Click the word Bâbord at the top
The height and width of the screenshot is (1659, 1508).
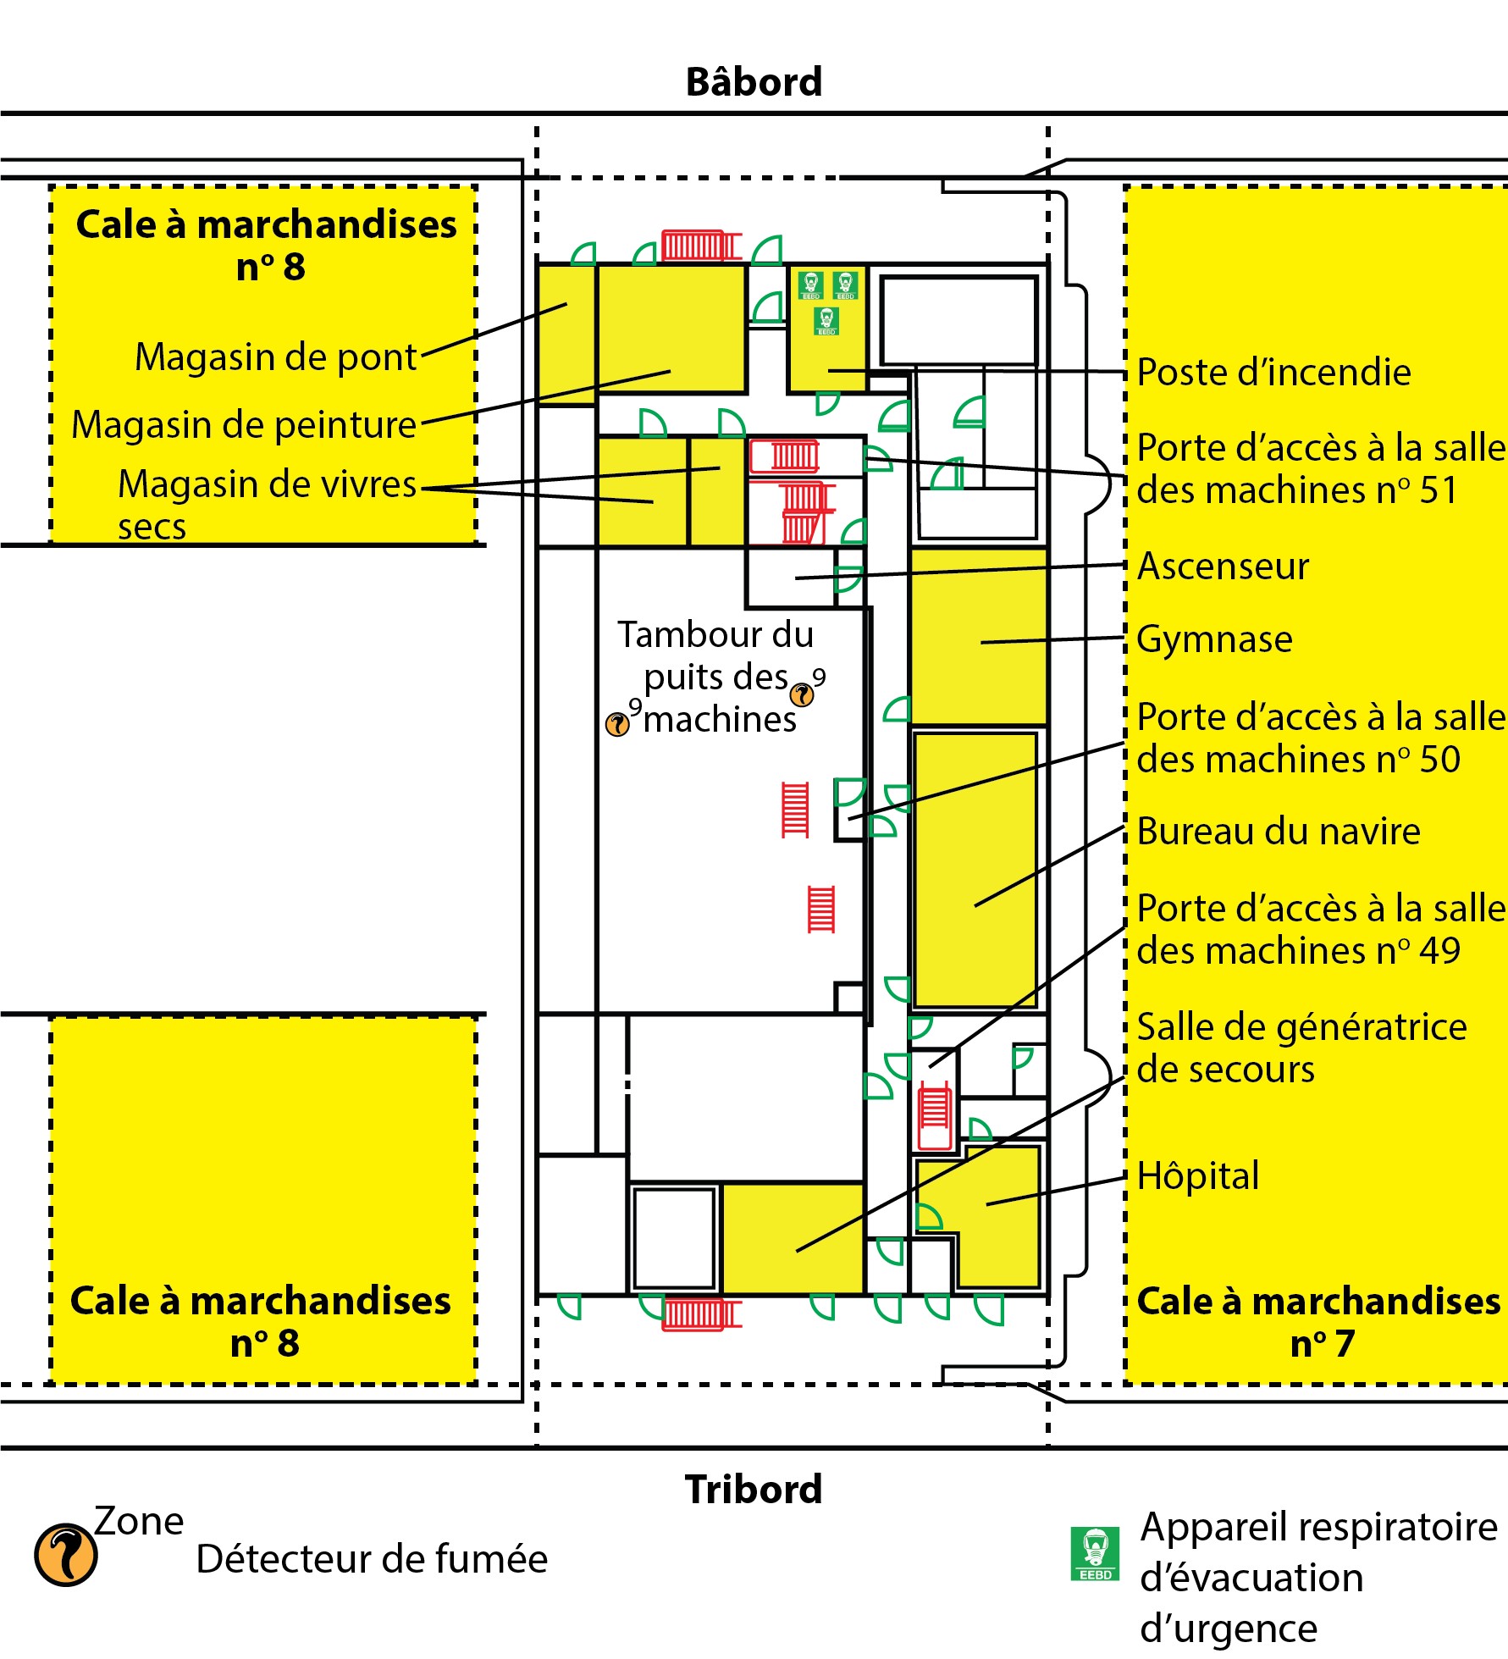coord(754,82)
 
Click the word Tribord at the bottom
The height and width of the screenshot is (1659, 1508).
coord(754,1489)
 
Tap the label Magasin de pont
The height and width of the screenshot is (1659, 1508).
coord(276,357)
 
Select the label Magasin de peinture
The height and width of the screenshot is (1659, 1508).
coord(244,425)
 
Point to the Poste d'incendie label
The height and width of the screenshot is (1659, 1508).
coord(1273,373)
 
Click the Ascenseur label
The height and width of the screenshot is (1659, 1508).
coord(1223,567)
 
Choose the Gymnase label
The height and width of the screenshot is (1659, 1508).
coord(1214,639)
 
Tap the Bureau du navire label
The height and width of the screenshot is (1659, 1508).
coord(1279,832)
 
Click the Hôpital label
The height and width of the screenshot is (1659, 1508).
coord(1198,1176)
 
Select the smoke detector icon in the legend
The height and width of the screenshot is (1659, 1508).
coord(65,1555)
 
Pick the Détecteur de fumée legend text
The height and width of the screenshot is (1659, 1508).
coord(372,1559)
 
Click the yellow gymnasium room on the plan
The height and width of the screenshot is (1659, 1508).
coord(979,636)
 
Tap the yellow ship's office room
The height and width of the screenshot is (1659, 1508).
coord(975,868)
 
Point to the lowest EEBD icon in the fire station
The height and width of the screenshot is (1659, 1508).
coord(826,321)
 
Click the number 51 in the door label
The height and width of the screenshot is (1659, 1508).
coord(1438,490)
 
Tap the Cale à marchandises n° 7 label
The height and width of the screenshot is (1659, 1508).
coord(1318,1322)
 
